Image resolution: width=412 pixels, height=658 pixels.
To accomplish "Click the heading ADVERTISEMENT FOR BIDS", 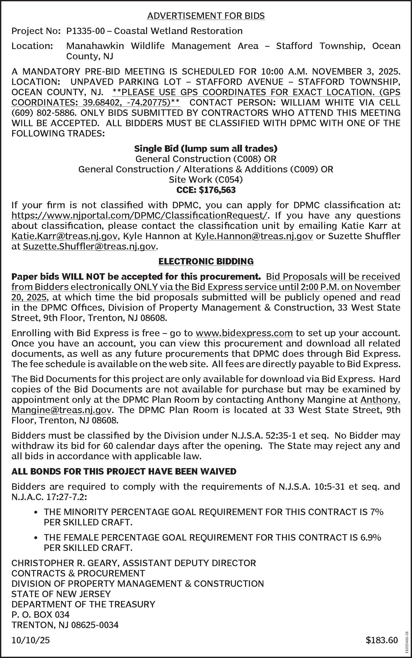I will [206, 16].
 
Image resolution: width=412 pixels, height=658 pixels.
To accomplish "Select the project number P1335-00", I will [85, 31].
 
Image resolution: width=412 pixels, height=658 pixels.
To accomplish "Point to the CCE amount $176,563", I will [217, 190].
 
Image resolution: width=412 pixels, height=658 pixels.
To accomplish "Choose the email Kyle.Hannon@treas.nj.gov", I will [254, 236].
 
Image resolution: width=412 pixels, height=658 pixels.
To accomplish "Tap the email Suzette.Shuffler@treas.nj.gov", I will [89, 246].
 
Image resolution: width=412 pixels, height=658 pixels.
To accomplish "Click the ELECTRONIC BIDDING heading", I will [206, 261].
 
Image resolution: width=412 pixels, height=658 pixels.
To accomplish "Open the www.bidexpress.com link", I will [244, 333].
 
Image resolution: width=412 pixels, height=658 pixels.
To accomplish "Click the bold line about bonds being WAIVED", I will [124, 471].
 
